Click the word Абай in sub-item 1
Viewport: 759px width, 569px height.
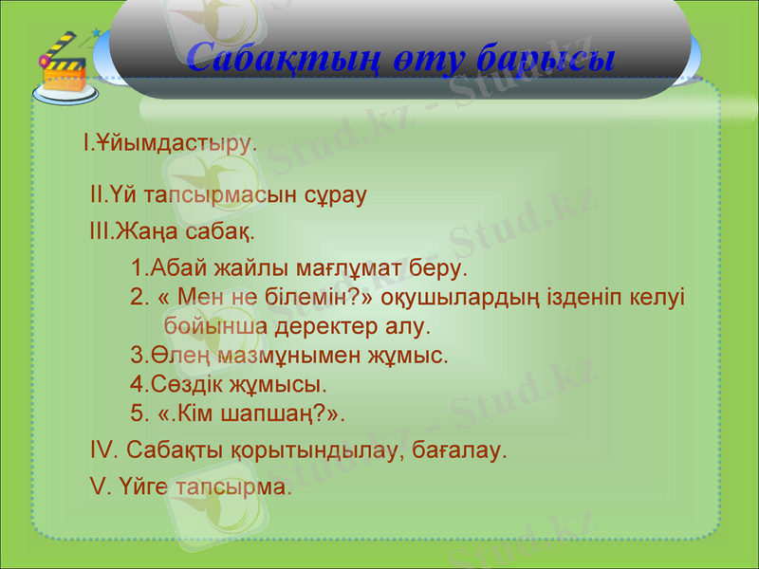tap(177, 268)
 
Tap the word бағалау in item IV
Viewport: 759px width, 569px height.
tap(459, 450)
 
